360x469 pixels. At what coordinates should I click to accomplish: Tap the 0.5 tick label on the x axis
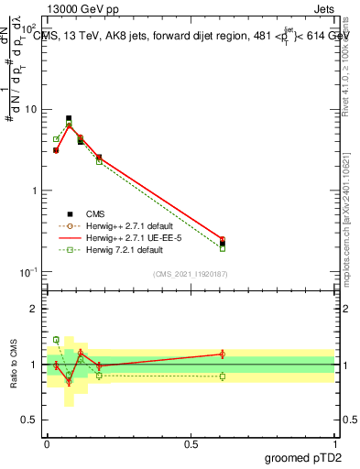tap(191, 444)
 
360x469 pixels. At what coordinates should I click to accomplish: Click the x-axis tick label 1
tap(336, 444)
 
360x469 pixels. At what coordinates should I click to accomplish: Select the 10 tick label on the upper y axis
tap(29, 110)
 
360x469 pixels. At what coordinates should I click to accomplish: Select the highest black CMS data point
tap(69, 119)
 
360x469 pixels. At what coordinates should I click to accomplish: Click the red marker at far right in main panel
tap(223, 239)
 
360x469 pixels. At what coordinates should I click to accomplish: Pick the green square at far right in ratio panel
tap(223, 376)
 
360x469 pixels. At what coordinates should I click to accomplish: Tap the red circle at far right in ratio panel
tap(223, 354)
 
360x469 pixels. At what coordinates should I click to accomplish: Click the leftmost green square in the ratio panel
tap(56, 340)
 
